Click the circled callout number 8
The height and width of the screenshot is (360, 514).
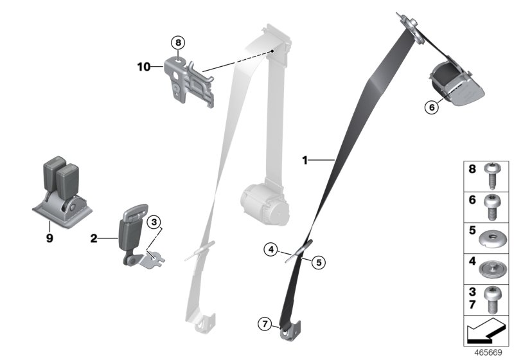coord(178,43)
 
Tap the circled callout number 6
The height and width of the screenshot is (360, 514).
coord(432,108)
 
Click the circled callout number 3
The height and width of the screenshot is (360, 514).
coord(154,222)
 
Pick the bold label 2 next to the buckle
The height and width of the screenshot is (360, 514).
coord(94,239)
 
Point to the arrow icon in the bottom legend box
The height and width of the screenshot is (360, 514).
coord(485,334)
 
